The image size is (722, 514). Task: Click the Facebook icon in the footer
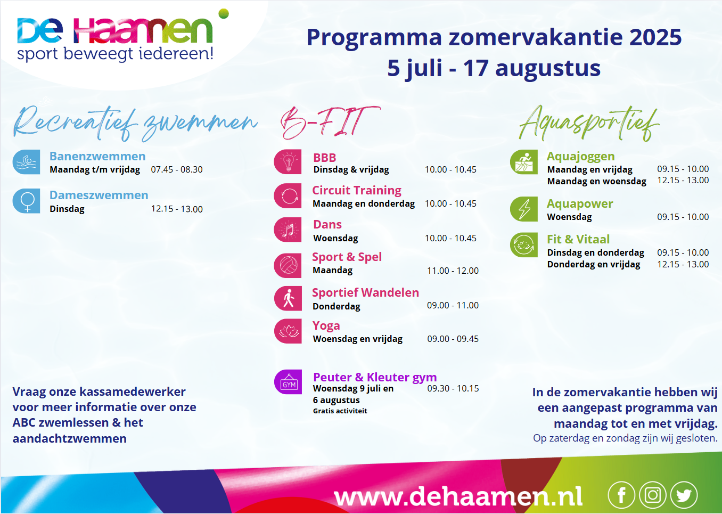(x=621, y=495)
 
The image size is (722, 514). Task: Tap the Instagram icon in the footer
(x=653, y=495)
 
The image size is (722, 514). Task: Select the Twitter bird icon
(x=684, y=495)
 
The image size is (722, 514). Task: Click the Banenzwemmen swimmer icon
(x=27, y=162)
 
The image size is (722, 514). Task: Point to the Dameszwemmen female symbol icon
(x=27, y=201)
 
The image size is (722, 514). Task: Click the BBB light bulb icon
(x=288, y=161)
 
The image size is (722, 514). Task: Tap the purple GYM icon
(x=288, y=382)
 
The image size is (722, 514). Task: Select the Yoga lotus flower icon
(x=288, y=331)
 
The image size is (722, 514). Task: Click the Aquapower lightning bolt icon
(x=524, y=209)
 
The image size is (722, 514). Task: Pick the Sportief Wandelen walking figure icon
(x=288, y=298)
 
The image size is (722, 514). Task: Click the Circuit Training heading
(x=357, y=191)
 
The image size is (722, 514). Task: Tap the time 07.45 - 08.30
(x=177, y=169)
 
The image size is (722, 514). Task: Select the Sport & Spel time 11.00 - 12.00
(x=453, y=271)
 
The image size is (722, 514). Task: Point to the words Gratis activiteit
(x=340, y=411)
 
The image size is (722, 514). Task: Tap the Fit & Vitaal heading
(x=578, y=239)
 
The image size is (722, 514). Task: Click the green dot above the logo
(x=224, y=13)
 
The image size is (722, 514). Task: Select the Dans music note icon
(x=288, y=230)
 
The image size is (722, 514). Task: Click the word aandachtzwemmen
(x=70, y=439)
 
